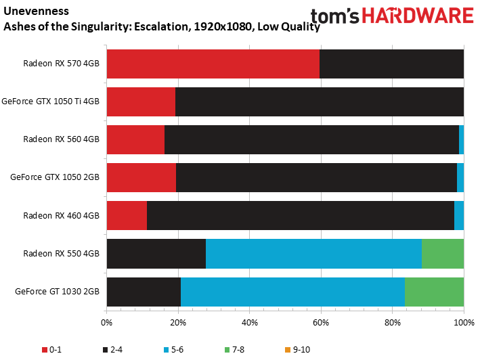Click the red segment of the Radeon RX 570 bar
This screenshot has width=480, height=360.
point(213,64)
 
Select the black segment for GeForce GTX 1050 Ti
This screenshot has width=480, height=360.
point(320,102)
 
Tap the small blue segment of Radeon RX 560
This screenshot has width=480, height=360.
point(461,140)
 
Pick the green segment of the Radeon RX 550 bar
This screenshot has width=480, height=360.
point(443,254)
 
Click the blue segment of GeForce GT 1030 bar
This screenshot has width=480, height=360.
point(292,292)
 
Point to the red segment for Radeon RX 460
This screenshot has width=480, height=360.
point(127,215)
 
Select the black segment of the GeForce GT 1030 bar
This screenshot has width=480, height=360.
point(144,292)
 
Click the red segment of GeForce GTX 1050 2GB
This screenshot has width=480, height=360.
point(141,177)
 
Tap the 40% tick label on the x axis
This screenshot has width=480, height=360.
point(250,322)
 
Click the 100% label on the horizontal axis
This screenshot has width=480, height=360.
point(464,322)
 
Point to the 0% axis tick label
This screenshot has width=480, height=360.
point(106,322)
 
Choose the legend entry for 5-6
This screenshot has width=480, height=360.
point(173,350)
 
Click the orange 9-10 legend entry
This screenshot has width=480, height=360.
point(297,350)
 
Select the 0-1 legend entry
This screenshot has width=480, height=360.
point(51,350)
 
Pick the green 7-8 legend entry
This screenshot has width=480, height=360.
point(234,350)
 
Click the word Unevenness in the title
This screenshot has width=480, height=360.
point(36,11)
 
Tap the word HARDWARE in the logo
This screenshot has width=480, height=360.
point(418,16)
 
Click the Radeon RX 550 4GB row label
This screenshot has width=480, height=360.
point(61,254)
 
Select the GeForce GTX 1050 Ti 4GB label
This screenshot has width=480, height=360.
point(51,102)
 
